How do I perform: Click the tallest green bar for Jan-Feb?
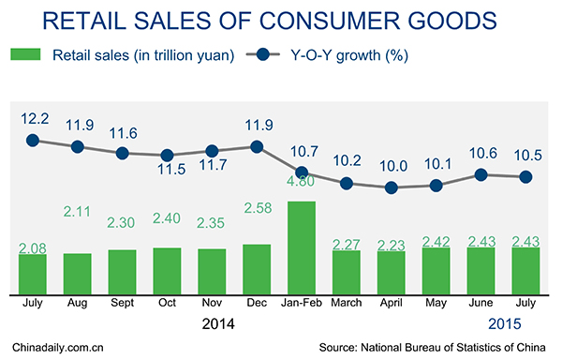[x=301, y=246]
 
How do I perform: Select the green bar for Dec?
[x=256, y=267]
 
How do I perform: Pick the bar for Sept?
[x=122, y=270]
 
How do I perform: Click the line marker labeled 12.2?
[x=33, y=140]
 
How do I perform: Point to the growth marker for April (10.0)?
[x=392, y=187]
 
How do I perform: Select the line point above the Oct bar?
[x=167, y=156]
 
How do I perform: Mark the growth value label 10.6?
[x=481, y=154]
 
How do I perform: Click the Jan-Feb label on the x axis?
[x=301, y=303]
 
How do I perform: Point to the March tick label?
[x=346, y=303]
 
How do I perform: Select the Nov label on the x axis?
[x=211, y=303]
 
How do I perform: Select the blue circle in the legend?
[x=293, y=55]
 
